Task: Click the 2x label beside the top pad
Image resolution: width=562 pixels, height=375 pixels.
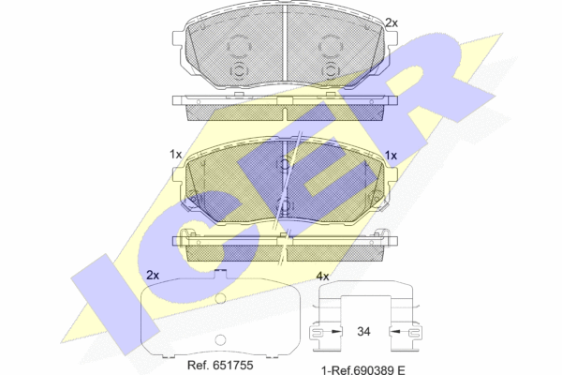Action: click(x=392, y=22)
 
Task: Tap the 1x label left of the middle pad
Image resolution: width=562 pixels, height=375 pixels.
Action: click(x=176, y=155)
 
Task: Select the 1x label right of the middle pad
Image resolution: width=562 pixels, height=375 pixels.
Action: click(x=391, y=156)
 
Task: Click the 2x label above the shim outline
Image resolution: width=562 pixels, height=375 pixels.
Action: click(x=153, y=276)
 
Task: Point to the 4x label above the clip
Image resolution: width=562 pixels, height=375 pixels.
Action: click(x=322, y=276)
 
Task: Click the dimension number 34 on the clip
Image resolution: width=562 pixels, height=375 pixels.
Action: click(x=363, y=331)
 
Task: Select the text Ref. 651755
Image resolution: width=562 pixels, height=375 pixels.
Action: click(x=220, y=365)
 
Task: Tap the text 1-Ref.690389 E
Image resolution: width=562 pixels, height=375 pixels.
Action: click(x=363, y=370)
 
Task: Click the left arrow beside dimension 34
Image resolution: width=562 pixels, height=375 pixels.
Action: click(x=335, y=331)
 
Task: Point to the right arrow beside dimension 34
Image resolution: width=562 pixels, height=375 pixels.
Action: click(x=395, y=331)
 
